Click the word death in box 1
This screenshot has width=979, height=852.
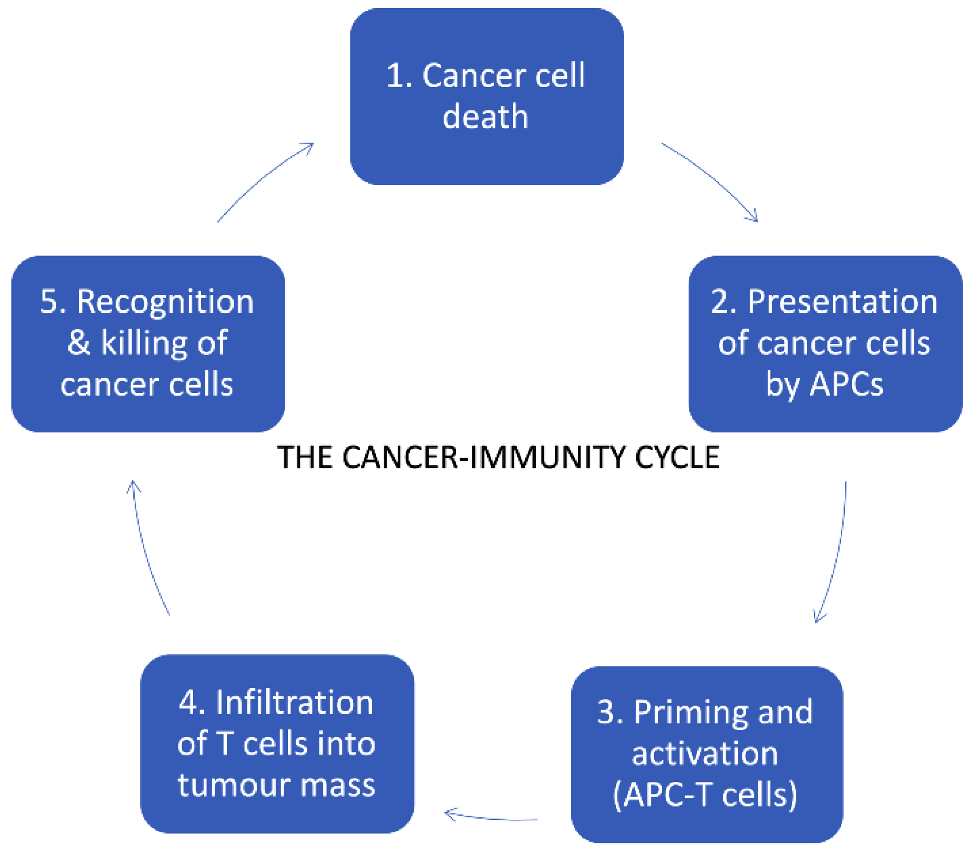[485, 117]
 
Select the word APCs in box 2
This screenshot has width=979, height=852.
[847, 384]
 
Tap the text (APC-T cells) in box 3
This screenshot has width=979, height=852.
[705, 794]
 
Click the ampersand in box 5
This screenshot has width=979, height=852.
[78, 342]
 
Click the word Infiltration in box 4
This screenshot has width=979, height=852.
[294, 702]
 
